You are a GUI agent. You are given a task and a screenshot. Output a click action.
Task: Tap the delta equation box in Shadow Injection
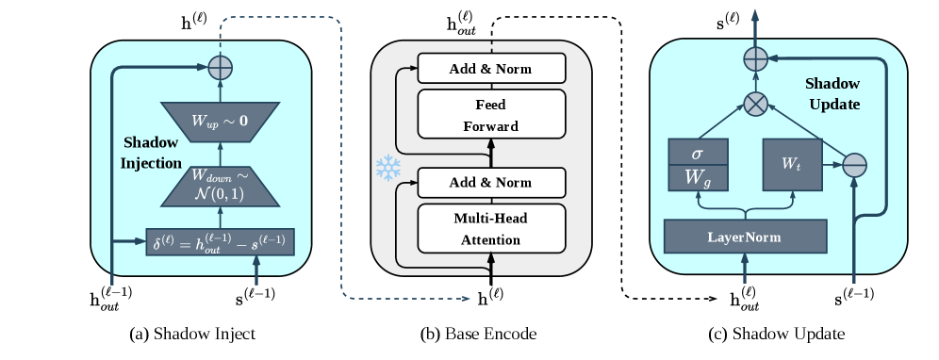tap(220, 242)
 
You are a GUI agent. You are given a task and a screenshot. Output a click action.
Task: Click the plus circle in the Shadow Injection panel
tap(220, 67)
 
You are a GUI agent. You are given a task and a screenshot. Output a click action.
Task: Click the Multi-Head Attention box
tap(490, 228)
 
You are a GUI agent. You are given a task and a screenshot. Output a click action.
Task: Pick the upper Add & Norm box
tap(490, 68)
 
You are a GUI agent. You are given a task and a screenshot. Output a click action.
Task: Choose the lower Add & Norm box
tap(490, 181)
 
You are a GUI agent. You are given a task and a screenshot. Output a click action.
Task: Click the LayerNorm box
tap(745, 235)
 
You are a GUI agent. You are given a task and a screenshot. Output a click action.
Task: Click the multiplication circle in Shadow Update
tap(754, 105)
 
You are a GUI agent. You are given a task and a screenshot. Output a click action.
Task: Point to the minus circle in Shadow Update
tap(853, 163)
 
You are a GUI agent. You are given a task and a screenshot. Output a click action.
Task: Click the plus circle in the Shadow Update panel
tap(754, 59)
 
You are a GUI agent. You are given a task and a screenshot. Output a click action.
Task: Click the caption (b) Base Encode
tap(479, 334)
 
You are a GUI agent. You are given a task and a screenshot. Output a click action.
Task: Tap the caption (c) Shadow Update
tap(775, 334)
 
